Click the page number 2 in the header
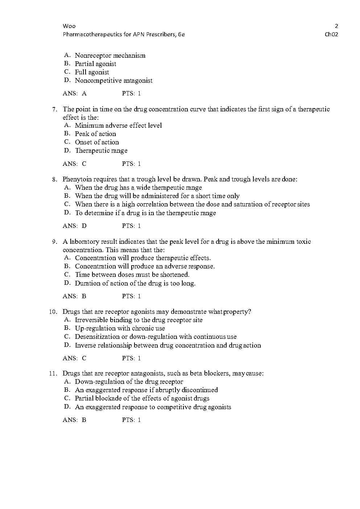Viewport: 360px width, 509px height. tap(336, 26)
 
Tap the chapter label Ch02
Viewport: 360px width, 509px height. tap(331, 34)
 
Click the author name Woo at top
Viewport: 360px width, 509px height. tap(69, 26)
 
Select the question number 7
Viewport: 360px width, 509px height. tap(55, 109)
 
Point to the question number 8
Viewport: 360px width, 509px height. tap(55, 179)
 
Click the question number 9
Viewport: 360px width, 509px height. tap(55, 242)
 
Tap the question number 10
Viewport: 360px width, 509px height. tap(53, 312)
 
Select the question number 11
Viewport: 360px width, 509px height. tap(53, 373)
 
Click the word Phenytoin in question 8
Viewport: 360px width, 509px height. tap(77, 179)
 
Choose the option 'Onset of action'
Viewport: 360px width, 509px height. tap(97, 142)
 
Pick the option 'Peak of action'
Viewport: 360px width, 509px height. tap(95, 134)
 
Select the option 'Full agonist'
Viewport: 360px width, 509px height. tap(92, 72)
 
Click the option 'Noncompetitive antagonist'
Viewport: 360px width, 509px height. tap(113, 81)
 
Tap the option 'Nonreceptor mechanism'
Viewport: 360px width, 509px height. tap(110, 56)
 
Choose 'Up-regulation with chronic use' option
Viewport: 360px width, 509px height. tap(120, 328)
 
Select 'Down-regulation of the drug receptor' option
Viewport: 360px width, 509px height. tap(129, 382)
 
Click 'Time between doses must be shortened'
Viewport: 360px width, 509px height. tap(132, 275)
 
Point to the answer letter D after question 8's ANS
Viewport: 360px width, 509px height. tap(84, 226)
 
